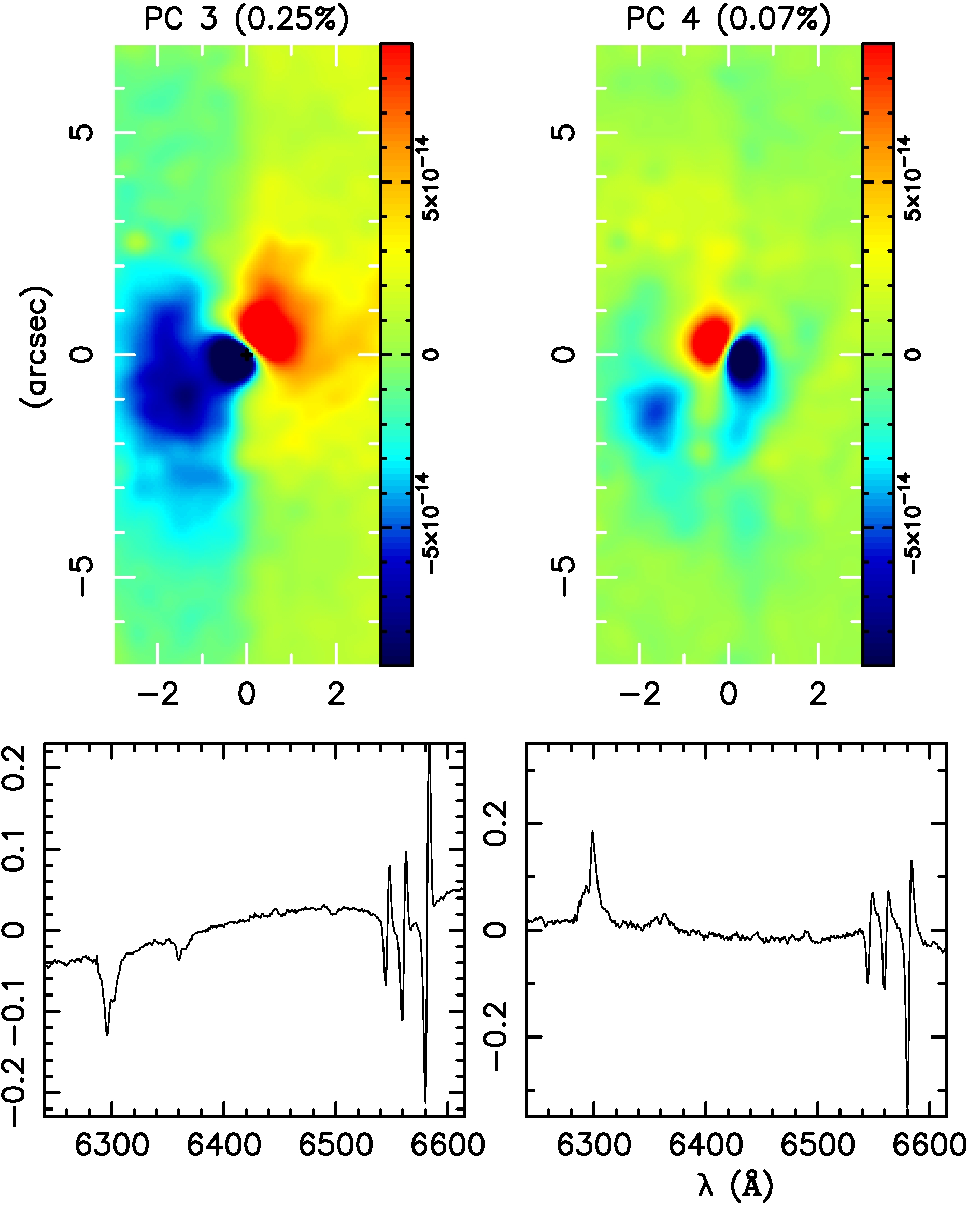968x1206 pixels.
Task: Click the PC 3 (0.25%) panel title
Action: [246, 20]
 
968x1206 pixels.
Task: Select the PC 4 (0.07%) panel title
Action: [728, 20]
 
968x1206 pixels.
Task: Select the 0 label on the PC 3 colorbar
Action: [431, 355]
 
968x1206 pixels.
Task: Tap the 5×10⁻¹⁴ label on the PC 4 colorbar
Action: [913, 179]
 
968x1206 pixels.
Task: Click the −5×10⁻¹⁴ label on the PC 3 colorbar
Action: [431, 524]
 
